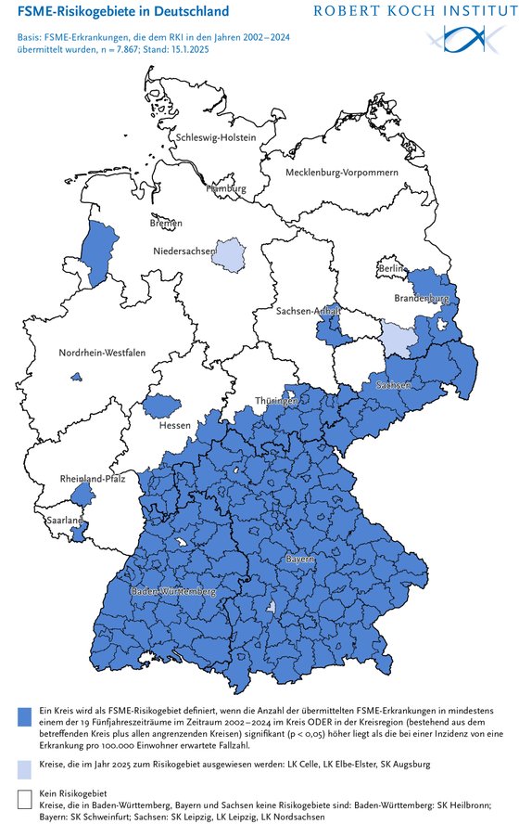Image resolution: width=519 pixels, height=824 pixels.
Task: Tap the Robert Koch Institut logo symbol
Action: pyautogui.click(x=462, y=38)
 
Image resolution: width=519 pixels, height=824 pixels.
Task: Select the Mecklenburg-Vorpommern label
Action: pyautogui.click(x=341, y=174)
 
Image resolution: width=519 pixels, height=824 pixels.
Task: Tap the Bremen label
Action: pyautogui.click(x=166, y=224)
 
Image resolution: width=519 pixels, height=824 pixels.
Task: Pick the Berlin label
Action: pyautogui.click(x=391, y=268)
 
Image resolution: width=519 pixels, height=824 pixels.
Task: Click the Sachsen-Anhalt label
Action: pyautogui.click(x=308, y=312)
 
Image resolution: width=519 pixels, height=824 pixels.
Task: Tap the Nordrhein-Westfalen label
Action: pyautogui.click(x=102, y=354)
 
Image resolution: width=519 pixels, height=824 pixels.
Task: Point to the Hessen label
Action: pyautogui.click(x=174, y=426)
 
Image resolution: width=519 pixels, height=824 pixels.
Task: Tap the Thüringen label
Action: pyautogui.click(x=279, y=402)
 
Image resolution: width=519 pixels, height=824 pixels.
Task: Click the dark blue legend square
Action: pyautogui.click(x=25, y=715)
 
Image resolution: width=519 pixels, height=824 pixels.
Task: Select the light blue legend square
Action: pyautogui.click(x=25, y=766)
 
